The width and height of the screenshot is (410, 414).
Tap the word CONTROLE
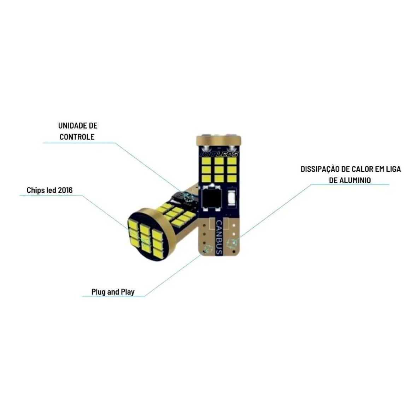tap(77, 137)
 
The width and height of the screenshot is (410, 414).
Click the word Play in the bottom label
tap(128, 292)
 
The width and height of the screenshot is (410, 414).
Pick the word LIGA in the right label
tap(394, 169)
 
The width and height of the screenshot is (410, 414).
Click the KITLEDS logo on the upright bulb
tap(219, 154)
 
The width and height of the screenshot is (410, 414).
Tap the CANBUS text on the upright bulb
tap(219, 237)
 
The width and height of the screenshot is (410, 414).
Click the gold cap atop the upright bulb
tap(219, 140)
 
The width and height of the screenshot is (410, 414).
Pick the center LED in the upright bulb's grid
tap(219, 169)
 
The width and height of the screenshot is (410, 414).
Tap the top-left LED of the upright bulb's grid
tap(206, 161)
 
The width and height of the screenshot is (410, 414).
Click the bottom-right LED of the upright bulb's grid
tap(232, 178)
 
